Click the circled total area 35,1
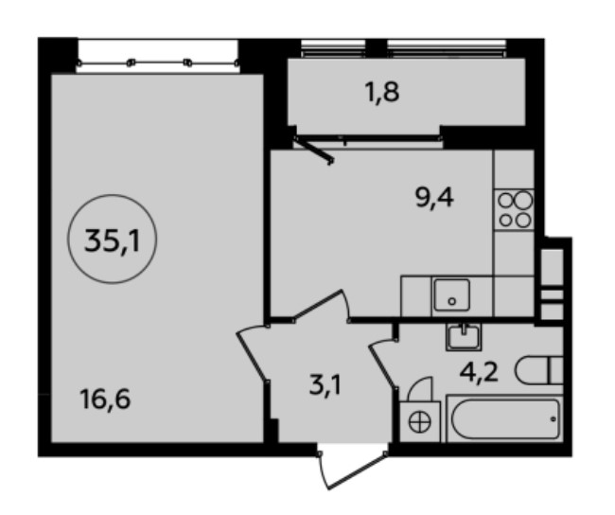click(113, 240)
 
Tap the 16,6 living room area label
click(105, 400)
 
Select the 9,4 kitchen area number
click(434, 199)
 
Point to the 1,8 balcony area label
click(382, 92)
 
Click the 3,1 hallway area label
click(325, 385)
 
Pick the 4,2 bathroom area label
click(479, 372)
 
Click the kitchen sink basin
click(451, 295)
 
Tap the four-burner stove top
click(514, 210)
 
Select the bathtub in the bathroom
click(505, 418)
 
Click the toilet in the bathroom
click(539, 370)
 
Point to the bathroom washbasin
click(464, 338)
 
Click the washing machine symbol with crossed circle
click(420, 422)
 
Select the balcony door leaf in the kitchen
click(314, 150)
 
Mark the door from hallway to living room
click(252, 353)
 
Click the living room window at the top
click(158, 62)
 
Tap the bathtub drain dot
click(553, 418)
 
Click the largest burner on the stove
click(524, 201)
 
